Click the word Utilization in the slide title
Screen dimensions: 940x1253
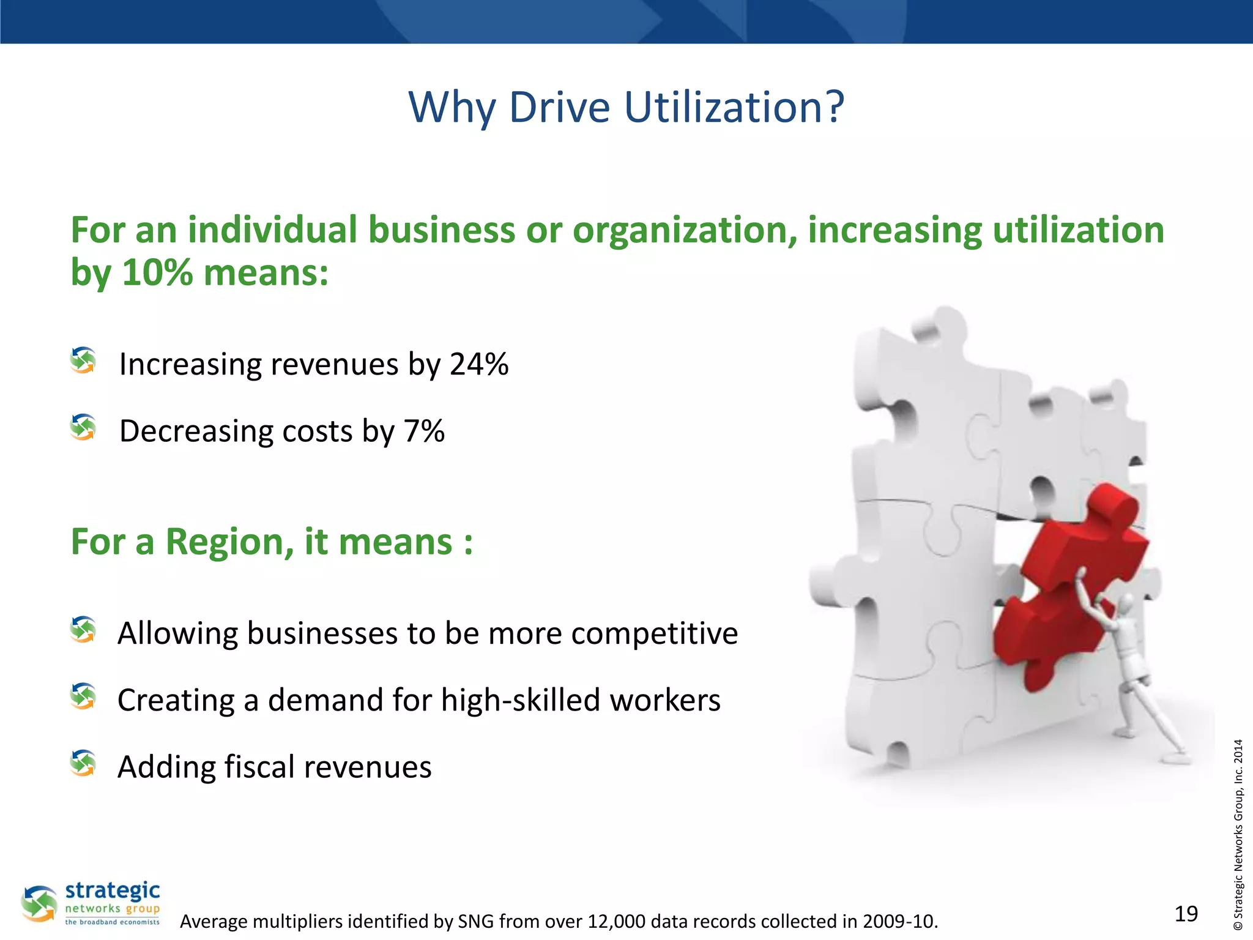pos(734,107)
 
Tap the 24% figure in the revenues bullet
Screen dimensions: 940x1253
pos(478,364)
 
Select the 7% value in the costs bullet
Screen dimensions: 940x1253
pos(424,431)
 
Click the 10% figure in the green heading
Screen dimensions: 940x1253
pos(157,272)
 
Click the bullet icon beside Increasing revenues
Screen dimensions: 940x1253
pos(83,360)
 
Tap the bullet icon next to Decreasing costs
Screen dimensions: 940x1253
pos(83,427)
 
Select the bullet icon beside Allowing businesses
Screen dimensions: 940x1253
pos(83,630)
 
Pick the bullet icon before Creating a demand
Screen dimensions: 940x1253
pos(83,696)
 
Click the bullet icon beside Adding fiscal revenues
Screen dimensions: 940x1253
pos(83,763)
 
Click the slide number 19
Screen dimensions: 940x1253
pos(1186,914)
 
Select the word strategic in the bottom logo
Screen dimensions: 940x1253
pos(113,890)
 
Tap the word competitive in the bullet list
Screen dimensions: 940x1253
pos(654,633)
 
